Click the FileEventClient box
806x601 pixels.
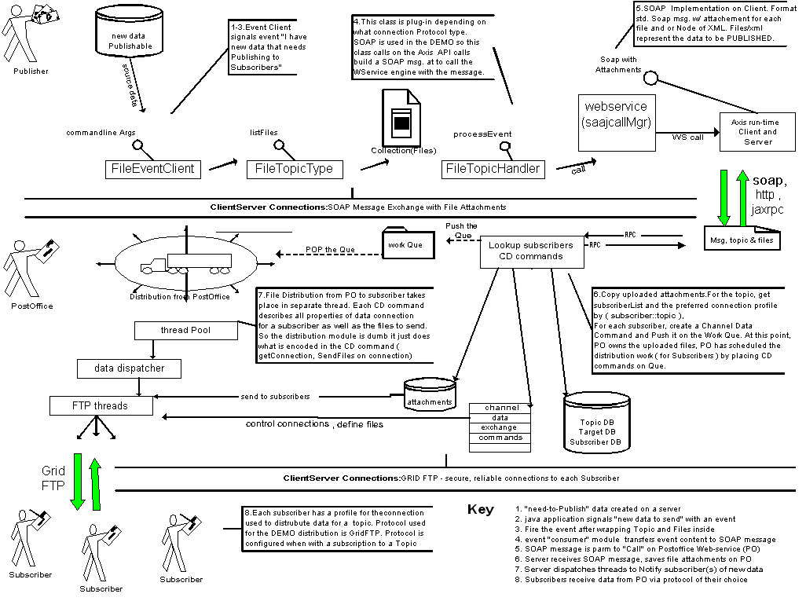coord(153,169)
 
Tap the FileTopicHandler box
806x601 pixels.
coord(493,169)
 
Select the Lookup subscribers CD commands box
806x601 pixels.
coord(530,251)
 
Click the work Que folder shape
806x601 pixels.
coord(404,243)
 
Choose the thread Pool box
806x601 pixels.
coord(185,331)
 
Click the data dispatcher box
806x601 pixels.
coord(130,368)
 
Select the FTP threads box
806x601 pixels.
coord(100,406)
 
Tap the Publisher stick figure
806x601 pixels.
coord(26,35)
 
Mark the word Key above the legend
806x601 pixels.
coord(480,509)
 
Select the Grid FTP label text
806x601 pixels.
coord(53,478)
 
